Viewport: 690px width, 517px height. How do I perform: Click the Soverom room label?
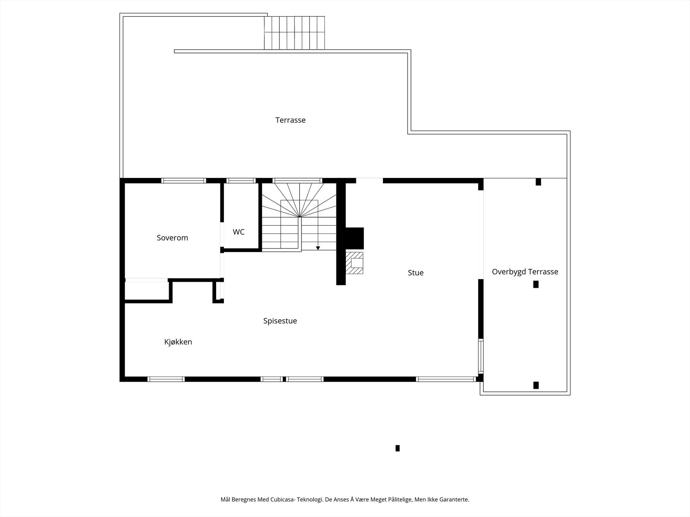point(172,238)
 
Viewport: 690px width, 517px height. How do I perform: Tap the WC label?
point(238,232)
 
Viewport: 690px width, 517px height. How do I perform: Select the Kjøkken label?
point(178,342)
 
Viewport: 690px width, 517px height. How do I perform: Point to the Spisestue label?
point(280,321)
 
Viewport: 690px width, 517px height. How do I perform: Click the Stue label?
point(415,273)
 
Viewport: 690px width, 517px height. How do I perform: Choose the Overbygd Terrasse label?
point(525,272)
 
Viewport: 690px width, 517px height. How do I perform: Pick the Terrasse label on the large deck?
point(290,120)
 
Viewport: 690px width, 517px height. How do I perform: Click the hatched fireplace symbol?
point(354,263)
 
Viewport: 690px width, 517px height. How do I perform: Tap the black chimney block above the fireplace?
point(354,238)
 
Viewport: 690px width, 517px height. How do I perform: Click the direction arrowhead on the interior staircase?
point(318,248)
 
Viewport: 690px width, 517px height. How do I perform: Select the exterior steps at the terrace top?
point(294,33)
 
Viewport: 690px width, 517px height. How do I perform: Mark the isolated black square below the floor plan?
point(397,448)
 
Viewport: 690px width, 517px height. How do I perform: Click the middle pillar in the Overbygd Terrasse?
point(536,284)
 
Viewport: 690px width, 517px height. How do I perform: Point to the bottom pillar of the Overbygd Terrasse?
point(536,385)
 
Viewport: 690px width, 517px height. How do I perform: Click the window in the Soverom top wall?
point(183,181)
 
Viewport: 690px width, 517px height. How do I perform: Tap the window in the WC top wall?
point(241,181)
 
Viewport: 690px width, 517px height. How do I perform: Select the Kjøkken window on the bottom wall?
point(166,379)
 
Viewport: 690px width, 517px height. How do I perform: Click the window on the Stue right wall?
point(481,356)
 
